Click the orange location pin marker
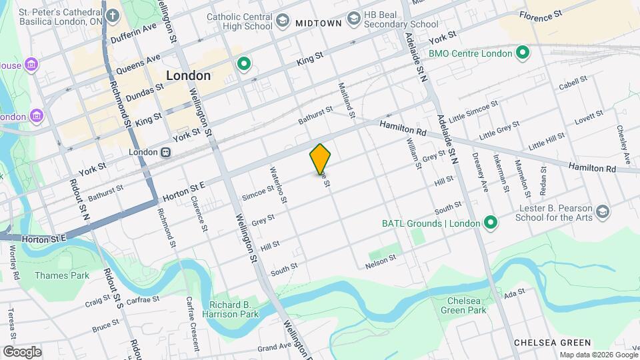point(320,159)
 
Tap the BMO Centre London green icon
point(523,52)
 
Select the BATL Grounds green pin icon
point(491,223)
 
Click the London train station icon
point(165,152)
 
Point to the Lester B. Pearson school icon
point(603,212)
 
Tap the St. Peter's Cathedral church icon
point(112,15)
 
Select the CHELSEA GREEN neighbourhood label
point(553,343)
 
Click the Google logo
point(22,351)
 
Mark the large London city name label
point(188,75)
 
